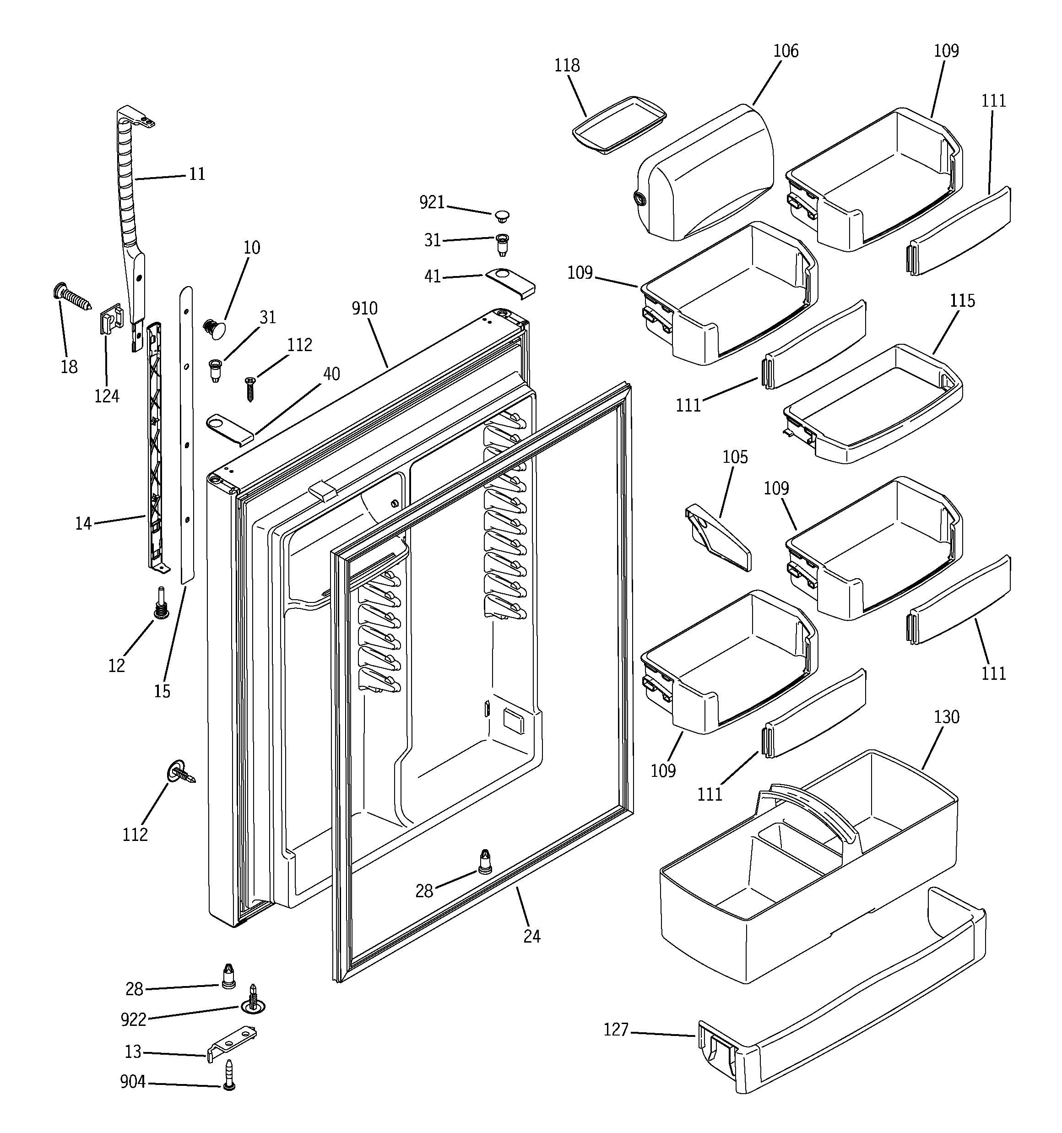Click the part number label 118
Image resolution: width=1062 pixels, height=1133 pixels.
[x=567, y=65]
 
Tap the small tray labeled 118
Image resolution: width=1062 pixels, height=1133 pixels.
[x=619, y=124]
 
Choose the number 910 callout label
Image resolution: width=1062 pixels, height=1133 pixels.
[x=364, y=309]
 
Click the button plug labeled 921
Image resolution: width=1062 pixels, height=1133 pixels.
[x=502, y=216]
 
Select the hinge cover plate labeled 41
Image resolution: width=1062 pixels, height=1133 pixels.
[x=511, y=283]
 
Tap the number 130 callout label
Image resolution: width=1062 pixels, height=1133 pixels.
[x=946, y=717]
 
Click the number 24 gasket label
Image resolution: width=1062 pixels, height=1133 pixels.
[x=531, y=936]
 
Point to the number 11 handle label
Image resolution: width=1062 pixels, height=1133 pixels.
[x=197, y=174]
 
